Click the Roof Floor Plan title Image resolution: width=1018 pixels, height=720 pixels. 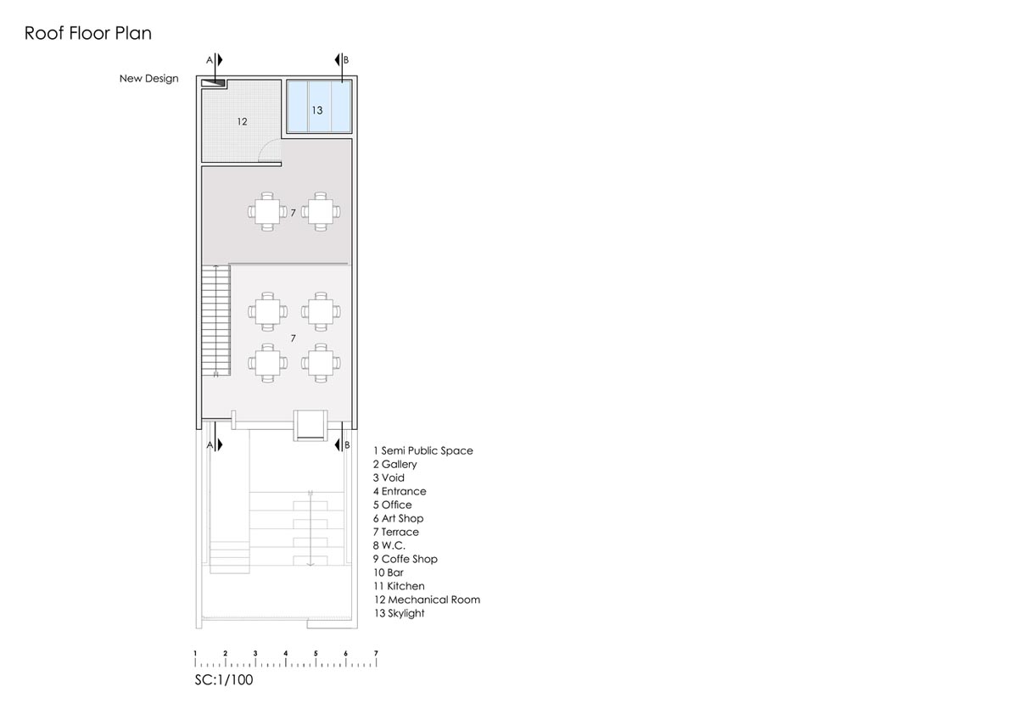(87, 33)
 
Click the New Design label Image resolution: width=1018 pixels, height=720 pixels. (148, 79)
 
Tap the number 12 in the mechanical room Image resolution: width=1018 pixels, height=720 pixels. (242, 122)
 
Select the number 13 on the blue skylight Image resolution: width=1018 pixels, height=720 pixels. (317, 110)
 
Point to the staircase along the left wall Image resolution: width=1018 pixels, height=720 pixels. (216, 321)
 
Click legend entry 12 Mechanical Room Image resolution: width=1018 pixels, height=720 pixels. (427, 600)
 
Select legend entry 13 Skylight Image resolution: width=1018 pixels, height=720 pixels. (399, 613)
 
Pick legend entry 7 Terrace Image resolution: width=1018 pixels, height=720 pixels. (396, 532)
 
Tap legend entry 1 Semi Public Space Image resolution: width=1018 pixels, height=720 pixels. (423, 450)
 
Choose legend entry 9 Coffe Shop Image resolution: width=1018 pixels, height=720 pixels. (406, 559)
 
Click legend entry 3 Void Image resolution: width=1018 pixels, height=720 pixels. (389, 478)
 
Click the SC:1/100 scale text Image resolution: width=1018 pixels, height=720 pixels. (224, 680)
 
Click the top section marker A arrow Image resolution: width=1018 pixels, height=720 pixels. (220, 59)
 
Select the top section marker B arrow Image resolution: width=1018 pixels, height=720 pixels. (338, 59)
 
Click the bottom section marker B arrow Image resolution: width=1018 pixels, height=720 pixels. (338, 444)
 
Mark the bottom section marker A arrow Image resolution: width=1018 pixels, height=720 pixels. (220, 444)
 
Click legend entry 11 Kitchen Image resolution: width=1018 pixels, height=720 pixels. (399, 586)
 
